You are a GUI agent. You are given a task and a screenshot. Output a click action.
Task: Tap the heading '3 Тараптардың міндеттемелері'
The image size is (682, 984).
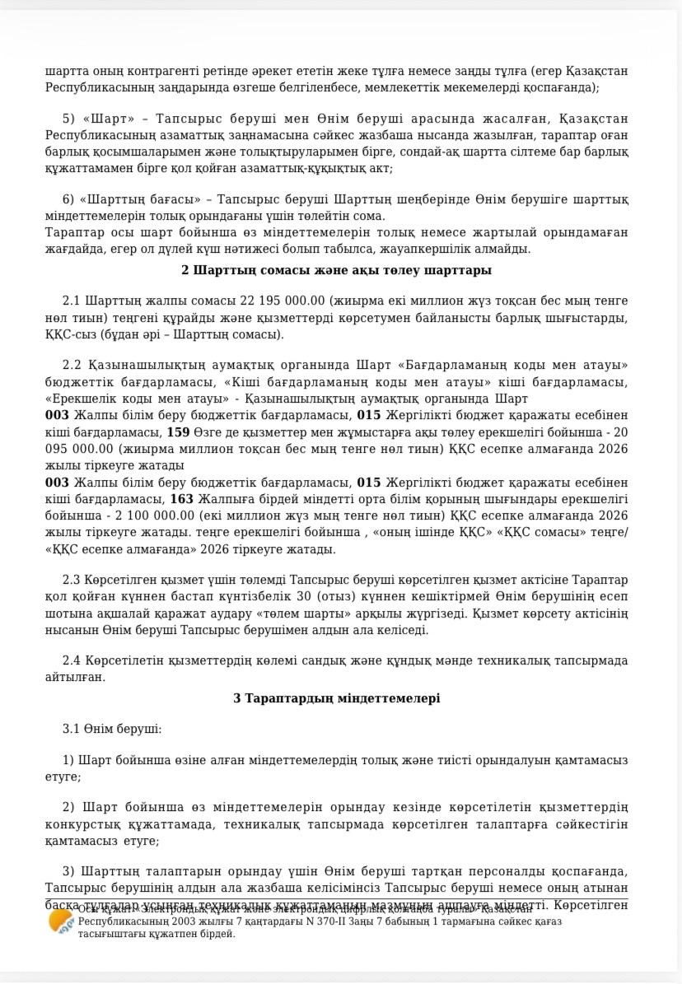tap(336, 698)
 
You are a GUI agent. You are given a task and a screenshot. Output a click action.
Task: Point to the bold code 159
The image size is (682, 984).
tap(178, 431)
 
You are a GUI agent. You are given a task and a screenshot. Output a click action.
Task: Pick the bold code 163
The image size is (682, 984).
tap(181, 498)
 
